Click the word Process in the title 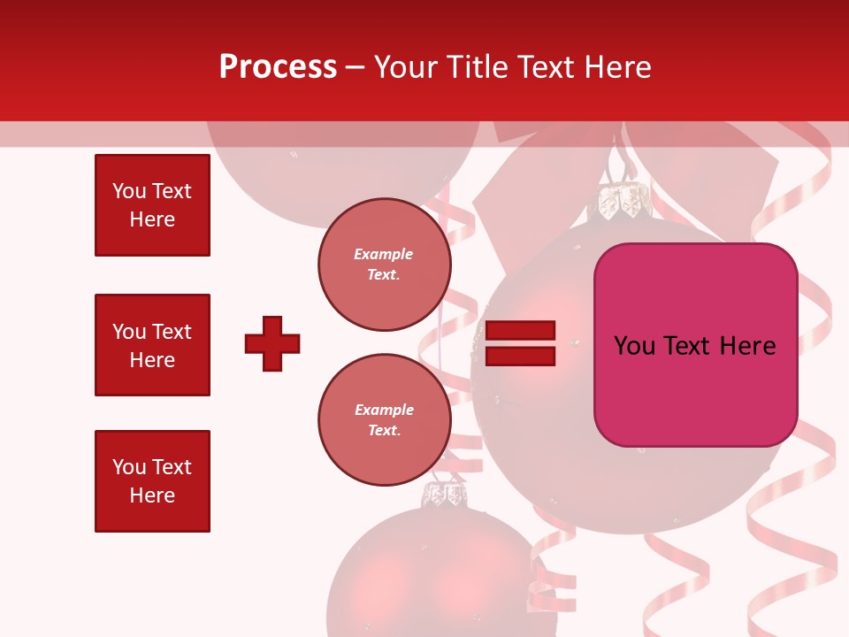point(278,67)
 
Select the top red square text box point(152,205)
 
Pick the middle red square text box point(152,345)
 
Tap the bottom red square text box point(152,481)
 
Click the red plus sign point(272,343)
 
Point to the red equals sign point(521,344)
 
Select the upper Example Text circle point(384,265)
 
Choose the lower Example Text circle point(384,419)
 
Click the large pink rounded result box point(695,345)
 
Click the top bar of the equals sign point(521,331)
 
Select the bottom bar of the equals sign point(521,357)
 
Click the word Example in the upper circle point(384,254)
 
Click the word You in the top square point(128,191)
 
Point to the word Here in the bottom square point(152,495)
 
